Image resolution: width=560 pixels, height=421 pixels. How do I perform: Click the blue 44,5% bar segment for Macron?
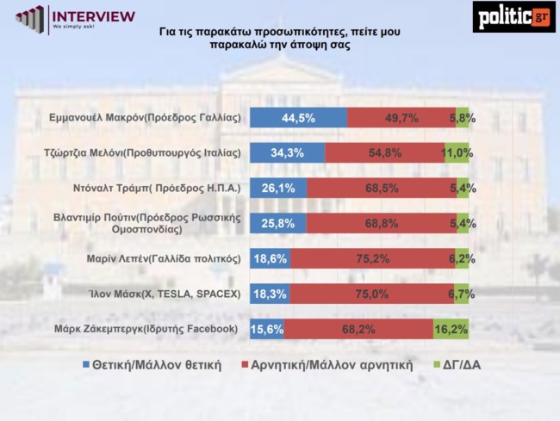[298, 118]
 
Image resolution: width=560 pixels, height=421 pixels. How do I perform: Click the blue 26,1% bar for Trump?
[277, 189]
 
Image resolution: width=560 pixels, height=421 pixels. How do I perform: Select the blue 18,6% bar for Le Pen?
[265, 258]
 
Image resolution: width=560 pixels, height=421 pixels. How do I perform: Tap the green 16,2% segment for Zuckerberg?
[451, 329]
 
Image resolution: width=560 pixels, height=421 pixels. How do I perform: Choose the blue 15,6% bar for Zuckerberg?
[266, 329]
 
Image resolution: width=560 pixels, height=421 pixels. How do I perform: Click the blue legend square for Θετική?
[84, 365]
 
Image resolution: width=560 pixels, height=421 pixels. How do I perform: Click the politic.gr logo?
[513, 16]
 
